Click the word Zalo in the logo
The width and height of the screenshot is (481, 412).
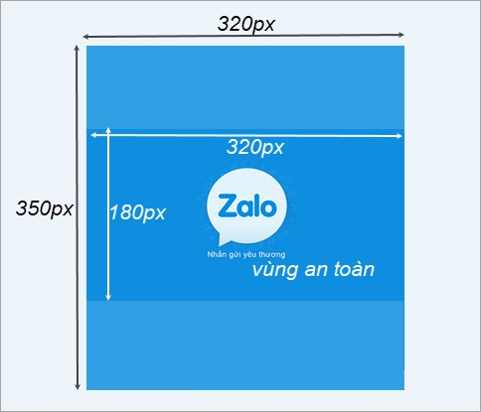point(246,206)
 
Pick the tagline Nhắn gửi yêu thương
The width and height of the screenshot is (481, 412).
point(246,254)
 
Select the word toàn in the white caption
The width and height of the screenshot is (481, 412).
point(354,269)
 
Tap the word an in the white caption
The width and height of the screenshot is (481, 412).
point(315,270)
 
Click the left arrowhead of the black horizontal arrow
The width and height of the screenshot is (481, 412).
point(85,37)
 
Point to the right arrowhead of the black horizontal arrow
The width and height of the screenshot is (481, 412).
point(401,35)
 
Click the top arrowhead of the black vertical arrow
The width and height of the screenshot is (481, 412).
point(77,49)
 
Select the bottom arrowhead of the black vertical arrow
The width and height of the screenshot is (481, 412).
point(78,386)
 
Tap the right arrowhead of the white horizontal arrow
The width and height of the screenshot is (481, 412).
point(399,136)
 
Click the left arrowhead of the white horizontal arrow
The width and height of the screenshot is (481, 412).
point(94,135)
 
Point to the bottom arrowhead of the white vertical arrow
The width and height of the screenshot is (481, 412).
point(108,297)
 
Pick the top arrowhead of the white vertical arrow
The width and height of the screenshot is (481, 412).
point(108,131)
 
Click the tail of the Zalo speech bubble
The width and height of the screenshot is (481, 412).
point(223,240)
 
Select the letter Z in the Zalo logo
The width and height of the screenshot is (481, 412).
point(226,206)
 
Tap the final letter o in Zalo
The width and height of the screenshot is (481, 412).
point(268,208)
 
